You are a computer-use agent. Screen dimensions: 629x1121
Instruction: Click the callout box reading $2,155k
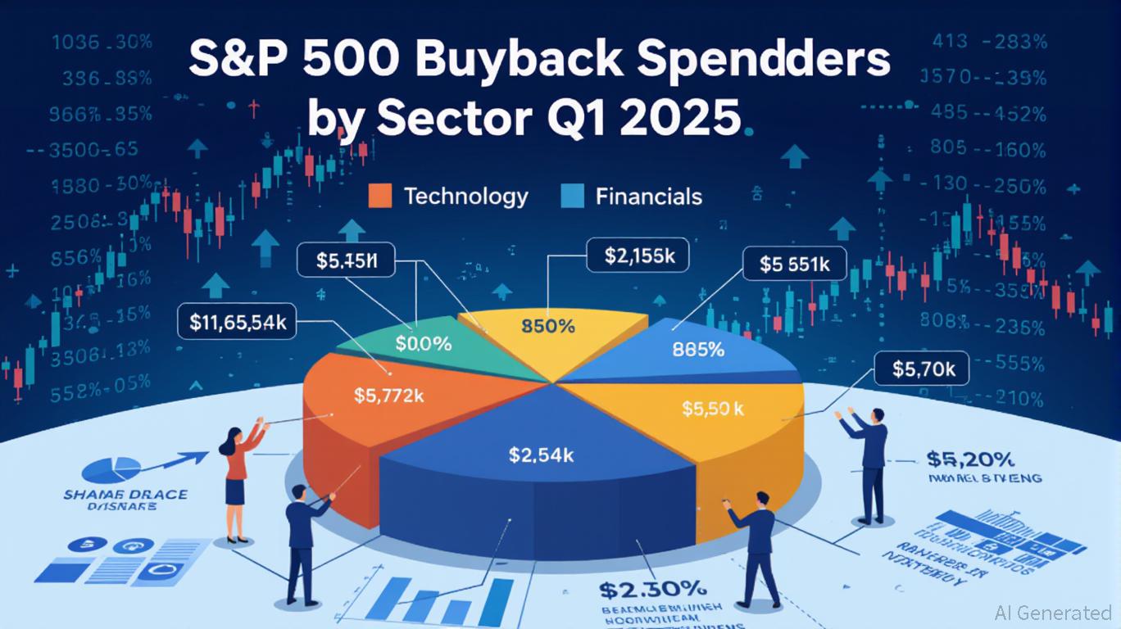[638, 256]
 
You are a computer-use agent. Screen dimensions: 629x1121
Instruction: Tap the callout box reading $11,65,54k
[237, 323]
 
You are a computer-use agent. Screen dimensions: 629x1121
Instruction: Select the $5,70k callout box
[922, 369]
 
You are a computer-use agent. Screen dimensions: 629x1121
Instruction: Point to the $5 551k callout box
[794, 265]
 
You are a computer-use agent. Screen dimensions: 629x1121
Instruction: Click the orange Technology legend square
[381, 197]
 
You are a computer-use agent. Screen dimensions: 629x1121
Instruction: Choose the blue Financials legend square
[572, 197]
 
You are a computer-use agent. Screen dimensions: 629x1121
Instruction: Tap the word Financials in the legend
[649, 197]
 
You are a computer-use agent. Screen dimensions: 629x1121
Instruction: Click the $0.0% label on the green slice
[423, 344]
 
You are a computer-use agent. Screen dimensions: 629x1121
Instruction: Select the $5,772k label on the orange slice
[388, 396]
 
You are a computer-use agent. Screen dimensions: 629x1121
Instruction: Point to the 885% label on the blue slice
[697, 350]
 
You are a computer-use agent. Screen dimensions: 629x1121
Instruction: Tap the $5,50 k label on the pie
[713, 409]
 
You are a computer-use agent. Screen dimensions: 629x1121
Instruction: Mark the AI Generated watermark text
[1053, 613]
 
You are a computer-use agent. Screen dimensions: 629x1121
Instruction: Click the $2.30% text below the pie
[652, 588]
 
